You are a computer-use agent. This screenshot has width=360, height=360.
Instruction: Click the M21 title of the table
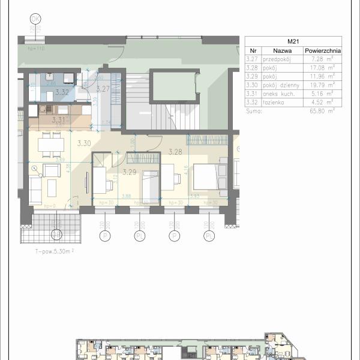pyautogui.click(x=293, y=41)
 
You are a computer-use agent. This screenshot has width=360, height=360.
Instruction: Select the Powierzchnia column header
pyautogui.click(x=322, y=52)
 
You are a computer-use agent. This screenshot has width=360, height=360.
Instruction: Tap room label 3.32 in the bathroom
pyautogui.click(x=61, y=92)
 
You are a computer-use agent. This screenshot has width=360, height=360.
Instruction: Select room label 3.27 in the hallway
pyautogui.click(x=103, y=89)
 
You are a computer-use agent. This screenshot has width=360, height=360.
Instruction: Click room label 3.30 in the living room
pyautogui.click(x=83, y=143)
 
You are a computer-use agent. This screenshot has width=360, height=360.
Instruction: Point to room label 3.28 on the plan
pyautogui.click(x=175, y=152)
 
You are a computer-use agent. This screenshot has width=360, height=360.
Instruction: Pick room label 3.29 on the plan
pyautogui.click(x=130, y=172)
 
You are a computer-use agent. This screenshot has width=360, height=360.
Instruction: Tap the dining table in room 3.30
pyautogui.click(x=52, y=145)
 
